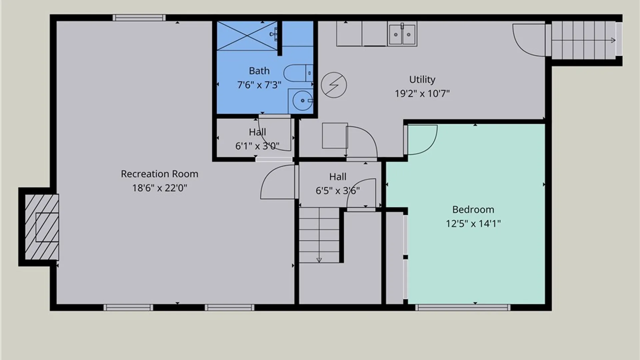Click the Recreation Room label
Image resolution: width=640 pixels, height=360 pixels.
click(159, 174)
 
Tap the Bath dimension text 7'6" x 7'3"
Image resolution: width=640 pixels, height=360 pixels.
click(259, 85)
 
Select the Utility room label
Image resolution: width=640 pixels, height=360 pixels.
click(422, 80)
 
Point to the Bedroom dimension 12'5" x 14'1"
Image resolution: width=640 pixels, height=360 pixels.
click(473, 223)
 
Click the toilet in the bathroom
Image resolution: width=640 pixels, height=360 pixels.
click(298, 73)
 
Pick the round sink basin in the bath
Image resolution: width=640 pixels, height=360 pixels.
click(302, 100)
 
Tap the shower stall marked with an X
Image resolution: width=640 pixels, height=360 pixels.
click(247, 36)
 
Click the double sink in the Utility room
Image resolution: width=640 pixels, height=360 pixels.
click(402, 34)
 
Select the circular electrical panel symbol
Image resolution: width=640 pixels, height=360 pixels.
click(334, 85)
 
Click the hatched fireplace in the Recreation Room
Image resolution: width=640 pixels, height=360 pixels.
click(42, 227)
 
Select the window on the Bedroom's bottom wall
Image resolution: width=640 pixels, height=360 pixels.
click(463, 307)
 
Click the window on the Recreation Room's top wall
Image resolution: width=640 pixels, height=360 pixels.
click(139, 18)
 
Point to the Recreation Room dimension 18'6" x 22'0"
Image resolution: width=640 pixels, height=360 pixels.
click(159, 188)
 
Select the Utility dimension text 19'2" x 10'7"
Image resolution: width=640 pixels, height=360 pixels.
click(422, 94)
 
